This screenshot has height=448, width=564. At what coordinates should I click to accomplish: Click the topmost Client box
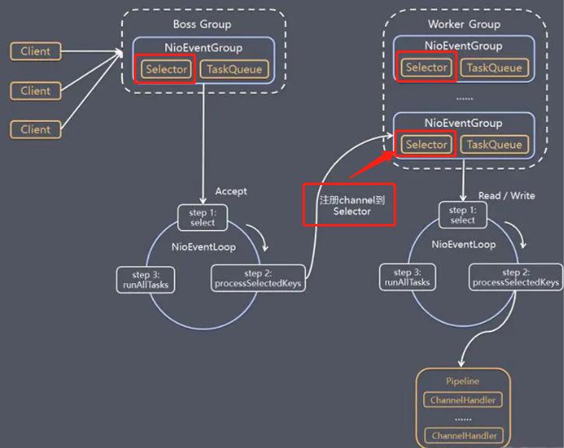pyautogui.click(x=35, y=51)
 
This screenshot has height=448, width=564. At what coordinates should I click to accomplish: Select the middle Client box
pyautogui.click(x=35, y=90)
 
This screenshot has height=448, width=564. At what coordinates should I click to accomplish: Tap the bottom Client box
pyautogui.click(x=35, y=129)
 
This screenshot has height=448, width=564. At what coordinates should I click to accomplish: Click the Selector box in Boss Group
pyautogui.click(x=166, y=69)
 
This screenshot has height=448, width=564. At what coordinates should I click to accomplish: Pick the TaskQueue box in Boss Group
pyautogui.click(x=234, y=69)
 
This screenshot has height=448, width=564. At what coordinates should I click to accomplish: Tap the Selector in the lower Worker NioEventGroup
pyautogui.click(x=426, y=145)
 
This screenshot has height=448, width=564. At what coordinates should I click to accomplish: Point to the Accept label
pyautogui.click(x=231, y=191)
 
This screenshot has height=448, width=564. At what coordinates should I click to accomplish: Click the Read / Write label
pyautogui.click(x=506, y=195)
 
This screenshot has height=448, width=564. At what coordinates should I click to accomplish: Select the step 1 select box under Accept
pyautogui.click(x=202, y=217)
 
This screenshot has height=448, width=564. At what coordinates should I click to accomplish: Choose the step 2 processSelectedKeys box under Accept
pyautogui.click(x=257, y=278)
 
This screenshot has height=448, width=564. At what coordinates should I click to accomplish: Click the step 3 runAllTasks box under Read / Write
pyautogui.click(x=406, y=278)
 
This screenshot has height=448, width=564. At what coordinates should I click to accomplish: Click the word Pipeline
pyautogui.click(x=463, y=381)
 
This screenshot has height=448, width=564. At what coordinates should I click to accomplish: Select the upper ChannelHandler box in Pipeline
pyautogui.click(x=463, y=401)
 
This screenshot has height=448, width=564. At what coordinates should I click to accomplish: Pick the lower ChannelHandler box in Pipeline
pyautogui.click(x=463, y=436)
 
